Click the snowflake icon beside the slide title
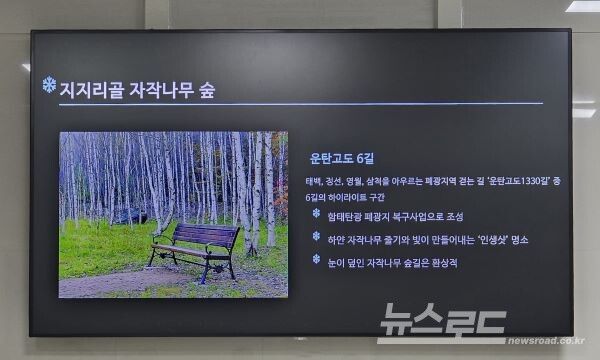tap(49, 85)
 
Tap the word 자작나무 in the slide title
tap(164, 89)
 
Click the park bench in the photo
tap(195, 249)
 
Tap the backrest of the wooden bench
tap(206, 236)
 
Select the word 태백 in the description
tap(315, 182)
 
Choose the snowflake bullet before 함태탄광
tap(316, 212)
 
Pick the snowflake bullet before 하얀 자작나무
tap(316, 236)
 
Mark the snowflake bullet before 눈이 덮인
tap(316, 259)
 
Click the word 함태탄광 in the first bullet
tap(344, 217)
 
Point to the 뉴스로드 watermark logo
tap(440, 322)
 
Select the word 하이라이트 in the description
tap(356, 198)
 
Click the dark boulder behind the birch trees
tap(130, 214)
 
